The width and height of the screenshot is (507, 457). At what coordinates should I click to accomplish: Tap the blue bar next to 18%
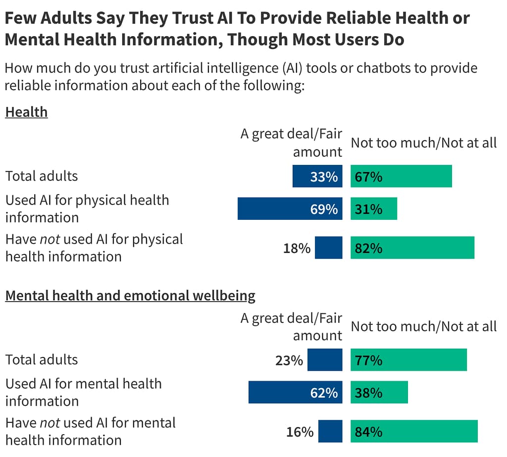[x=328, y=248]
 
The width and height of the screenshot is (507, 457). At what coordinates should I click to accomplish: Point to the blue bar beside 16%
[x=330, y=431]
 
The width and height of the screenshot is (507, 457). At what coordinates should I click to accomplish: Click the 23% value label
[x=289, y=360]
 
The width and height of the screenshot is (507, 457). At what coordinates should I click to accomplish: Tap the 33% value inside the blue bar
[x=324, y=177]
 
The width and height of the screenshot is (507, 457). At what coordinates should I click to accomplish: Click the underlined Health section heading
[x=26, y=112]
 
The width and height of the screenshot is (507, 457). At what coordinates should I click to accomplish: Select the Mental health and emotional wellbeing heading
[x=130, y=296]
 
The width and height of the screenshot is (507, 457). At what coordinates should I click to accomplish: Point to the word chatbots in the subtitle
[x=384, y=67]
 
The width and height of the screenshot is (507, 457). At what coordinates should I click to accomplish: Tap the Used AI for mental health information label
[x=83, y=392]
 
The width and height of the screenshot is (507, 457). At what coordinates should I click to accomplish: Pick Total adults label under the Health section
[x=41, y=176]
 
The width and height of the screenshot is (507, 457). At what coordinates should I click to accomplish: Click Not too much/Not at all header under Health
[x=423, y=143]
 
